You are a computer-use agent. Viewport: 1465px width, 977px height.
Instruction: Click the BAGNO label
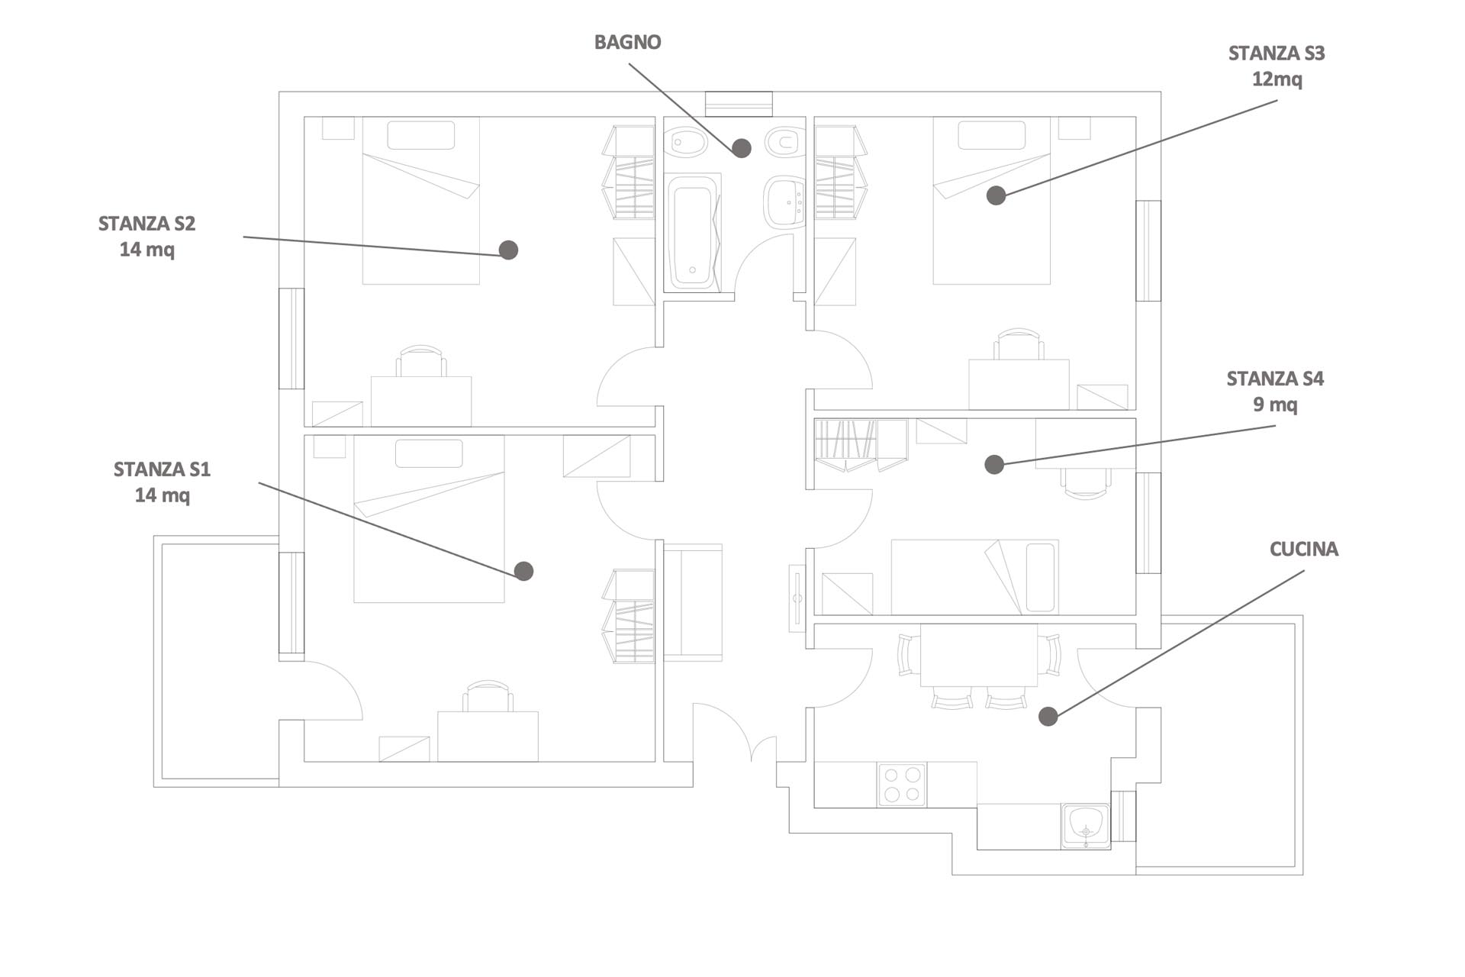[x=627, y=42]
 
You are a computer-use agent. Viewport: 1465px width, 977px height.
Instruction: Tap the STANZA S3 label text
[x=1276, y=53]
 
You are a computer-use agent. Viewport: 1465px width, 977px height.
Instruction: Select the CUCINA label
[x=1303, y=549]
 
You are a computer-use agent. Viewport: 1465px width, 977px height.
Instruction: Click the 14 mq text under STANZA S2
[x=146, y=250]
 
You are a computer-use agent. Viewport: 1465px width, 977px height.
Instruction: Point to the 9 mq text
[x=1275, y=405]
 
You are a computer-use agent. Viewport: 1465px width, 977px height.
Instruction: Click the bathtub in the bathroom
[x=693, y=231]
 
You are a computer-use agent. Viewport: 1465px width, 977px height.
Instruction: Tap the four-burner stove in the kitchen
[x=902, y=785]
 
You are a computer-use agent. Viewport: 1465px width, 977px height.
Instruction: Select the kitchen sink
[x=1086, y=826]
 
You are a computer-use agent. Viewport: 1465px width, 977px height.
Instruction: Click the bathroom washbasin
[x=784, y=202]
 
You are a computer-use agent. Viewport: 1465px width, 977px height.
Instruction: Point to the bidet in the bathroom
[x=685, y=141]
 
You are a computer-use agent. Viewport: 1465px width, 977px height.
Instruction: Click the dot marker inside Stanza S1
[x=523, y=571]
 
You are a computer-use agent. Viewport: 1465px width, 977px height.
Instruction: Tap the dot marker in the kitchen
[x=1048, y=716]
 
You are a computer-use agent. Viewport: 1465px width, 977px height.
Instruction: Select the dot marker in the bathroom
[x=742, y=148]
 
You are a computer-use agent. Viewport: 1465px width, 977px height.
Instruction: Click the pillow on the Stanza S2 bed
[x=421, y=135]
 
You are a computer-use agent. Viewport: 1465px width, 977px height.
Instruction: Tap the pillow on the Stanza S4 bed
[x=1040, y=577]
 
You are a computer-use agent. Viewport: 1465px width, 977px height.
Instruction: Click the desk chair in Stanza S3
[x=1019, y=344]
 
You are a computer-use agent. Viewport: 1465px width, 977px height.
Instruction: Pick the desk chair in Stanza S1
[x=488, y=696]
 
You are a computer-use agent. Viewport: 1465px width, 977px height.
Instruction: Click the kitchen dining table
[x=979, y=655]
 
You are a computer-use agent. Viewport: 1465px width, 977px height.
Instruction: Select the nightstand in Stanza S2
[x=338, y=128]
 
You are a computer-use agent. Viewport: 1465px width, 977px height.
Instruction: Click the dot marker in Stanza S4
[x=994, y=464]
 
